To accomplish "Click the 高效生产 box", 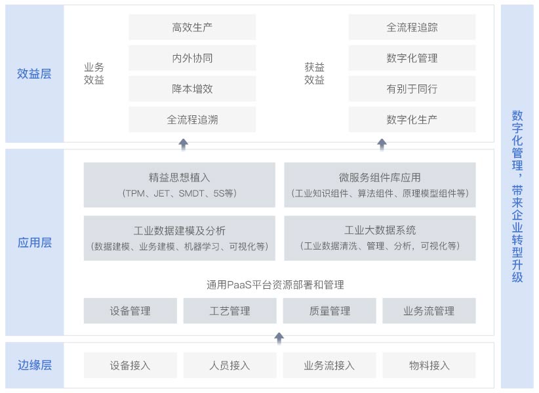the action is point(192,27).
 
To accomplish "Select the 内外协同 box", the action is point(192,58).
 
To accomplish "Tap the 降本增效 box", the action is point(192,88).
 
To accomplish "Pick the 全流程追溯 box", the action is point(192,119).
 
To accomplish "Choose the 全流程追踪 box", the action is point(412,27).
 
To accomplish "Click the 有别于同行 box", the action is point(412,88).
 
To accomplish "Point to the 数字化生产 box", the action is point(412,119).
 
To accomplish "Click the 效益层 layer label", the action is point(34,73).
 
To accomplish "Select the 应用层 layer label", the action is point(35,242).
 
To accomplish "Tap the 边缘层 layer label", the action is point(35,365).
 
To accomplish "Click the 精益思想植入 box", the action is point(180,185).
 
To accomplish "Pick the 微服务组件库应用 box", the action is point(380,185).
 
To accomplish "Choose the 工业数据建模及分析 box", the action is point(180,238).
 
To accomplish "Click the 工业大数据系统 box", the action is point(380,238).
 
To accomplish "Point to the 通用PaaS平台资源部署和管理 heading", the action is point(275,284).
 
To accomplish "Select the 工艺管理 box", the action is point(230,311).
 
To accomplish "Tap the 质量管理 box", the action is point(329,311).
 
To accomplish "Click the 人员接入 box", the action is point(230,365).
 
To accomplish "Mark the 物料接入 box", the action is point(429,365).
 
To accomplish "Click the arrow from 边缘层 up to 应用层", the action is point(279,338).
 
